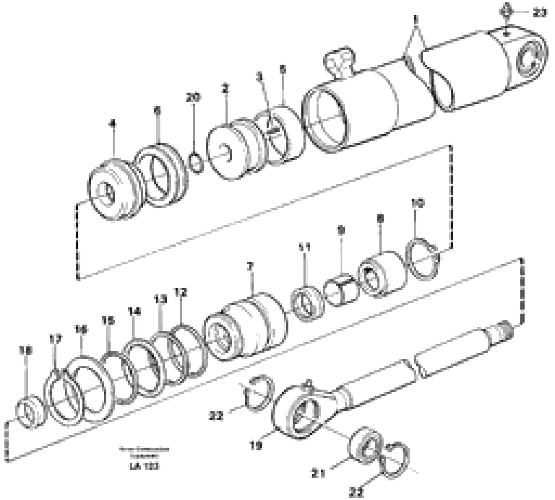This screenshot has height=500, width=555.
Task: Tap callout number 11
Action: (305, 248)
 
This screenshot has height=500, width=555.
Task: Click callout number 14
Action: (134, 311)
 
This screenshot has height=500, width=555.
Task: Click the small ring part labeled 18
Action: (30, 411)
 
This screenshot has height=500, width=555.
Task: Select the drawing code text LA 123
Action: (144, 466)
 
